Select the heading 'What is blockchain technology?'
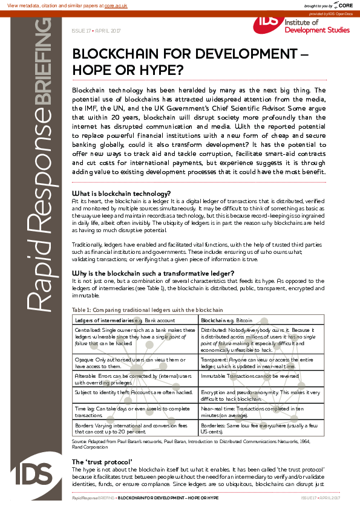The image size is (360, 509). (x=117, y=193)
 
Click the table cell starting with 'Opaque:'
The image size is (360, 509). (x=135, y=361)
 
